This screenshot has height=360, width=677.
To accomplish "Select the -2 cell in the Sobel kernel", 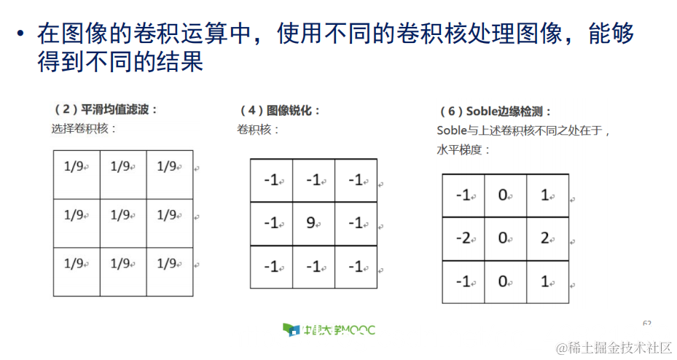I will pyautogui.click(x=463, y=239).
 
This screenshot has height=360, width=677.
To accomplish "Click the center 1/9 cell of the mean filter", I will pyautogui.click(x=122, y=215).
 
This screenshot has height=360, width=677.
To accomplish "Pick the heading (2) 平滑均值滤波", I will pyautogui.click(x=106, y=109).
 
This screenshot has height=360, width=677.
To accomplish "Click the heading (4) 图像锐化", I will pyautogui.click(x=280, y=111).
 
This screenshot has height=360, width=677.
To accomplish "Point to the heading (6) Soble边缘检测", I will pyautogui.click(x=495, y=111).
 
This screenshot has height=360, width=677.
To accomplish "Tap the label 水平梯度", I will pyautogui.click(x=463, y=150).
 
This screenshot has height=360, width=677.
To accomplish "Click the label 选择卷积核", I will pyautogui.click(x=84, y=129).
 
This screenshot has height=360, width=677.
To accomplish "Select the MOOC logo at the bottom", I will pyautogui.click(x=329, y=330).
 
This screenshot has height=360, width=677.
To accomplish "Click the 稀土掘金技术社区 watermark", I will pyautogui.click(x=613, y=348).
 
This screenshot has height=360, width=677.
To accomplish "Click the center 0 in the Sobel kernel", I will pyautogui.click(x=504, y=239).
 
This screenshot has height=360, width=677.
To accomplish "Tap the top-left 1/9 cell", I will pyautogui.click(x=75, y=167).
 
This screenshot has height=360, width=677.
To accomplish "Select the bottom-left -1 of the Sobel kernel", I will pyautogui.click(x=463, y=282).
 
